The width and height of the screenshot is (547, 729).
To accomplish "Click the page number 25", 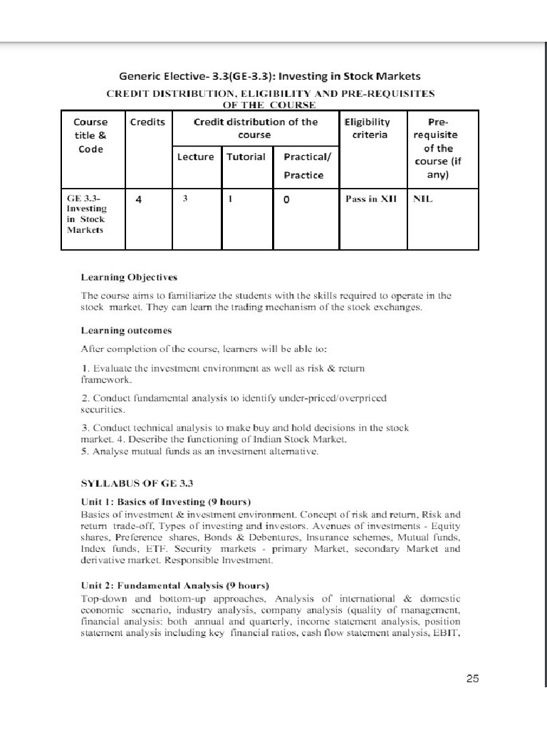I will pos(472,679).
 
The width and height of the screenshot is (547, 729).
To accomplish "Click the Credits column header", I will pos(147,122).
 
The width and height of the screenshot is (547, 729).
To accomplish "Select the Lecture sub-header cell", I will pos(195,157).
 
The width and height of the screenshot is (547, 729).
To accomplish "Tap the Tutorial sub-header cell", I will pos(246,157).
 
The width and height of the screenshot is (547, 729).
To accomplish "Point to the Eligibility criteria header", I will pos(368,128).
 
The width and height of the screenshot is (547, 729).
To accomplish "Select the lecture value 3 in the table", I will pos(184,200).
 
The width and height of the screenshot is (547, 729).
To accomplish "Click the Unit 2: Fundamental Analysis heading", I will pos(175,585).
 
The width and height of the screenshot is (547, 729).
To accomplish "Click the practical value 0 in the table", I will pos(286,200).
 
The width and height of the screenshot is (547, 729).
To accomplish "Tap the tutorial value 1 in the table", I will pos(231,200).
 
